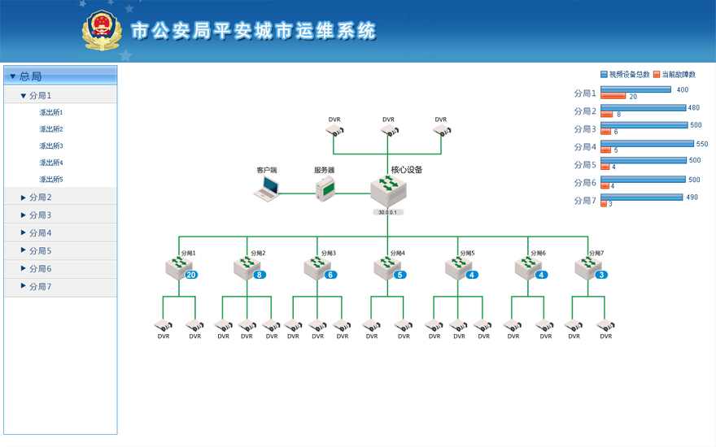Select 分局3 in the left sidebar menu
tap(40, 215)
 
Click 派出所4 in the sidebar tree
tap(51, 163)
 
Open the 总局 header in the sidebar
tap(30, 76)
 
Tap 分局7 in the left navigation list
tap(40, 287)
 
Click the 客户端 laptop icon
tap(267, 189)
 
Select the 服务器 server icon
tap(325, 189)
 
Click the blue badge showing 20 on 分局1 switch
tap(191, 275)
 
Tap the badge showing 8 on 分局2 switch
tap(260, 275)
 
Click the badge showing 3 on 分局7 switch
tap(601, 275)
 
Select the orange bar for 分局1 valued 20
tap(612, 97)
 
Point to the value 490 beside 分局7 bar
tap(692, 197)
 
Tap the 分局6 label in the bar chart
tap(585, 183)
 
